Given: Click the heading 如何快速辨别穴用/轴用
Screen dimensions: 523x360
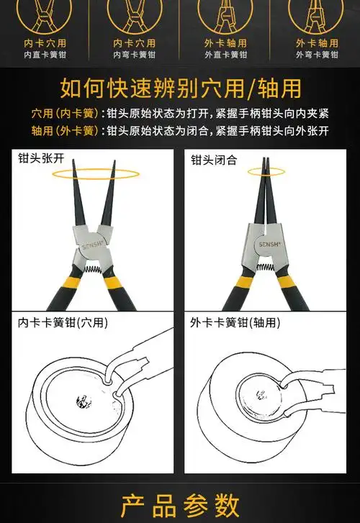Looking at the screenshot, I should tap(180, 88).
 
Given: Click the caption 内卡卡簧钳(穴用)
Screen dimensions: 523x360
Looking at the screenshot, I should tap(63, 323).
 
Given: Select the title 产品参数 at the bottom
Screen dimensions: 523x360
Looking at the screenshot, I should tap(180, 504).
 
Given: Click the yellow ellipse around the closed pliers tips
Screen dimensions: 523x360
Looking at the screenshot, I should tap(266, 172).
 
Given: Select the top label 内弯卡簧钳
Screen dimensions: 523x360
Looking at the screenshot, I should tap(135, 55).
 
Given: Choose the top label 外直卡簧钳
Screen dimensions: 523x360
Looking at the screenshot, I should tap(225, 55).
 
